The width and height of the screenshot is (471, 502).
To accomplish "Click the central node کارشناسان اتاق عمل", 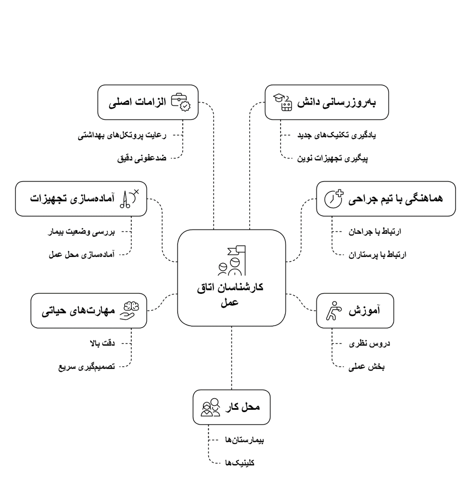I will (x=231, y=278).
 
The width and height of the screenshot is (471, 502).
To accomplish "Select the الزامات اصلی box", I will (x=148, y=102).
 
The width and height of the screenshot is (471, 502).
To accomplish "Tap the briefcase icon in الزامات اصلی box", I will (x=181, y=102).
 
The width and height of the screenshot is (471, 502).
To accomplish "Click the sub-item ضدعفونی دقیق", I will (x=142, y=158).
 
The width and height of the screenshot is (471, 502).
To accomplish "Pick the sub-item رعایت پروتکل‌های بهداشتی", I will (x=122, y=135).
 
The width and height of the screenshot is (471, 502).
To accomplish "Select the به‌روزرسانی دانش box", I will (x=327, y=102).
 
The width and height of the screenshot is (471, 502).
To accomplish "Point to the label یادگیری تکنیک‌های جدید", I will (x=337, y=135).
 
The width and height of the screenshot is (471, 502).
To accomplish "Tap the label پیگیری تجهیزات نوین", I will (x=332, y=158).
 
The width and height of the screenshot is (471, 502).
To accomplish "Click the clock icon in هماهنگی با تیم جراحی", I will (x=333, y=199).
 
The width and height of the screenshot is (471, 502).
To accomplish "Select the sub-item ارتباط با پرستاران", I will (x=377, y=254).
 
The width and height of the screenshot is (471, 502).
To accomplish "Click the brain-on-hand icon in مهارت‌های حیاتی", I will (x=128, y=311).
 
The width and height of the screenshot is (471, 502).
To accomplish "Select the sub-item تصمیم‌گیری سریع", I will (x=86, y=367).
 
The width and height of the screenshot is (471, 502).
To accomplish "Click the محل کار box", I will (x=231, y=407).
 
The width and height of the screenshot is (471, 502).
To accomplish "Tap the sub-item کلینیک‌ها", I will (x=240, y=463).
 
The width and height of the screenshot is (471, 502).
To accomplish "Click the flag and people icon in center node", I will (x=232, y=261).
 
